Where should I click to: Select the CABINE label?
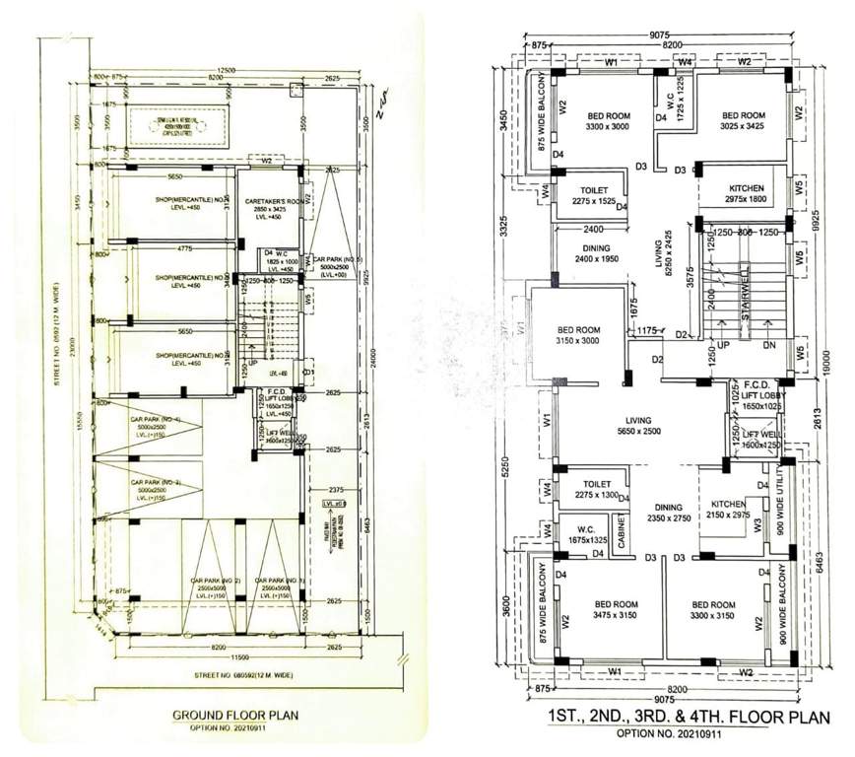622,530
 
